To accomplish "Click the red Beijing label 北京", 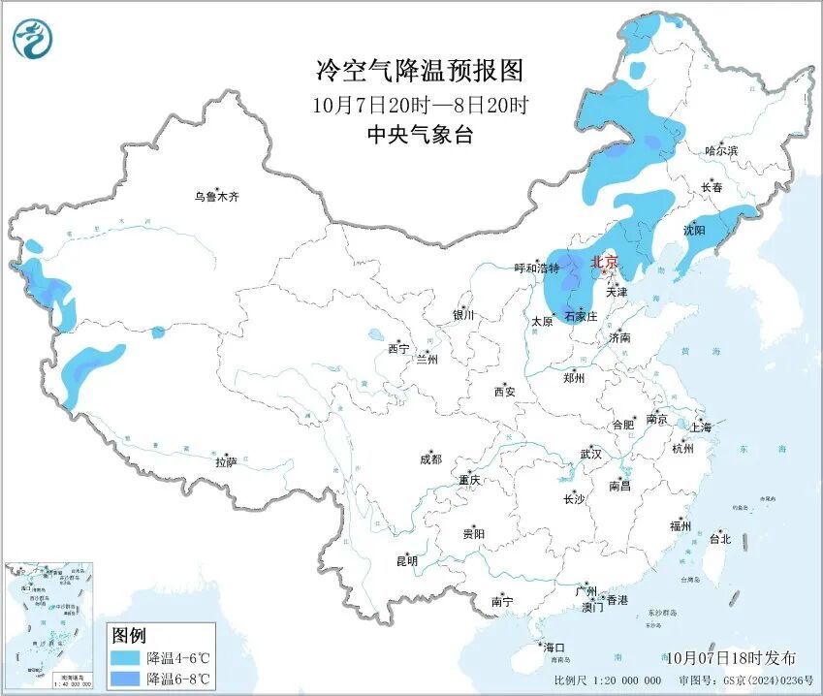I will (604, 262).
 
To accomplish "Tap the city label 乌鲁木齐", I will (215, 197).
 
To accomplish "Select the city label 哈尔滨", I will (721, 151).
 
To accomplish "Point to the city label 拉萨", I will (226, 463).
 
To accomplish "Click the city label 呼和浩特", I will (537, 269).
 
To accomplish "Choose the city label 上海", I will (700, 427).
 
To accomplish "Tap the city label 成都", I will (430, 459).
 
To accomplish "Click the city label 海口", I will (554, 648).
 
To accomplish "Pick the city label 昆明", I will (406, 561).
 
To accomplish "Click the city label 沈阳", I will (694, 231).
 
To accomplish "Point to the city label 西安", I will (504, 393).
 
